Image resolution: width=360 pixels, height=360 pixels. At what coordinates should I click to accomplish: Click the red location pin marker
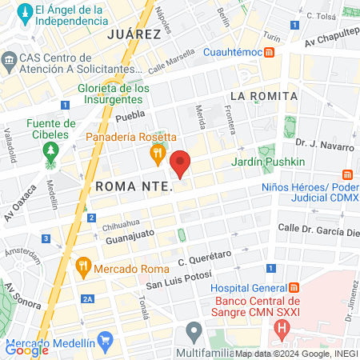(x=180, y=162)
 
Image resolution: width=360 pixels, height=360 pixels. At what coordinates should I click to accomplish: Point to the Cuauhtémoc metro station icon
(x=270, y=53)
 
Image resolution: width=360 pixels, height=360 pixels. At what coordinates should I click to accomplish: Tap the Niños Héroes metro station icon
(x=347, y=174)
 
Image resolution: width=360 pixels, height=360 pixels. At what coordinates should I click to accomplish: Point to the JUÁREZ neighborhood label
(x=134, y=34)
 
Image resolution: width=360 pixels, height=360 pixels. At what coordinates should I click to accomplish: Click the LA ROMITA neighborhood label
(x=263, y=96)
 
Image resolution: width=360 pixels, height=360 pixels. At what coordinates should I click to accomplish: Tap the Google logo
(x=27, y=349)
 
